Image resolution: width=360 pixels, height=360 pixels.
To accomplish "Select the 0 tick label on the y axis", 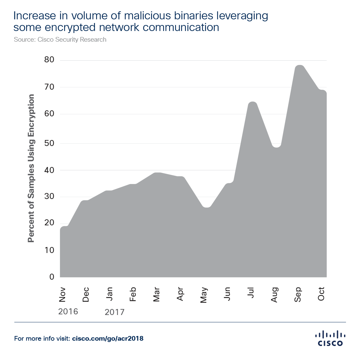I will tap(52, 277).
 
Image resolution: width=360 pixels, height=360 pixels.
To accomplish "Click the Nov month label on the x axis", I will tap(62, 294).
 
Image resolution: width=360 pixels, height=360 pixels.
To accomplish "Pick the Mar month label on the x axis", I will tap(157, 294).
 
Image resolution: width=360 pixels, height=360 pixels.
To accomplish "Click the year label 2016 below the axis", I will tap(68, 311).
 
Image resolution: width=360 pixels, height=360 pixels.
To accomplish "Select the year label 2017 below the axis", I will tap(114, 312).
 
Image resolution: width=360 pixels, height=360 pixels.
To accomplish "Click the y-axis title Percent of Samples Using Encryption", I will tap(31, 168).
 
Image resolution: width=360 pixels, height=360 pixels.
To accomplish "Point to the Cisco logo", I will tap(330, 338).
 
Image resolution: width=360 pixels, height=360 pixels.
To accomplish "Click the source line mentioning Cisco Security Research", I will tap(60, 39).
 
